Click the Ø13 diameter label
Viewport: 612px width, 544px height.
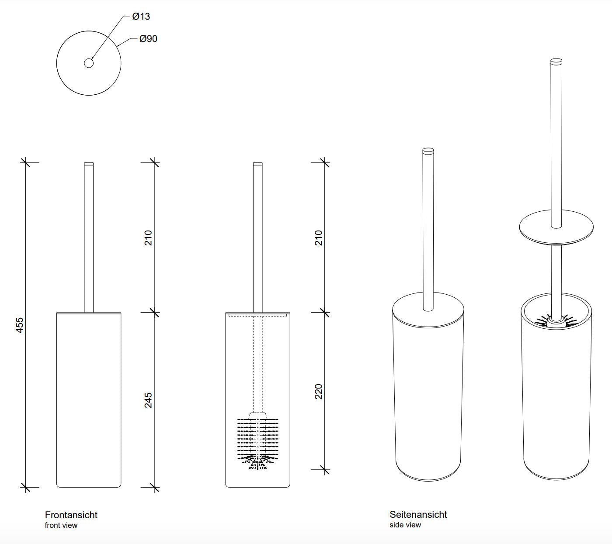click(x=141, y=16)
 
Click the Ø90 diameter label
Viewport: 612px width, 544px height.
click(x=148, y=38)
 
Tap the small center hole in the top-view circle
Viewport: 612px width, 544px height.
click(x=89, y=63)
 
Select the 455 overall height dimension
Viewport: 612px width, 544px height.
click(x=19, y=325)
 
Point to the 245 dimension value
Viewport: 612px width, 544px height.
click(x=148, y=400)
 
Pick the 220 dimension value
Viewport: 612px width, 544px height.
click(x=318, y=391)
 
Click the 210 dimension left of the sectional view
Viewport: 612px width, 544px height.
click(x=148, y=238)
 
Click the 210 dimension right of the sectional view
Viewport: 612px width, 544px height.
click(x=318, y=238)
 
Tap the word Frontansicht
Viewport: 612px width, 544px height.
click(x=71, y=515)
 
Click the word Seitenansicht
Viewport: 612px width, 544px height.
click(x=418, y=514)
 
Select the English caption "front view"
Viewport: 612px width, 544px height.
click(x=61, y=525)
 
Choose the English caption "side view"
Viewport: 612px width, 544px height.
click(x=405, y=525)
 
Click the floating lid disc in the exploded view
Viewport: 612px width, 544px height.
click(x=556, y=227)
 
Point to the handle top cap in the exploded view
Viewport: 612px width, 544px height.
click(x=556, y=61)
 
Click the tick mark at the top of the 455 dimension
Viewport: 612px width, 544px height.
click(x=25, y=162)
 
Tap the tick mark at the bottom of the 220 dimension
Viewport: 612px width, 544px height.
click(x=325, y=469)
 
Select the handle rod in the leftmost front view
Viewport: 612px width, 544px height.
click(x=89, y=238)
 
